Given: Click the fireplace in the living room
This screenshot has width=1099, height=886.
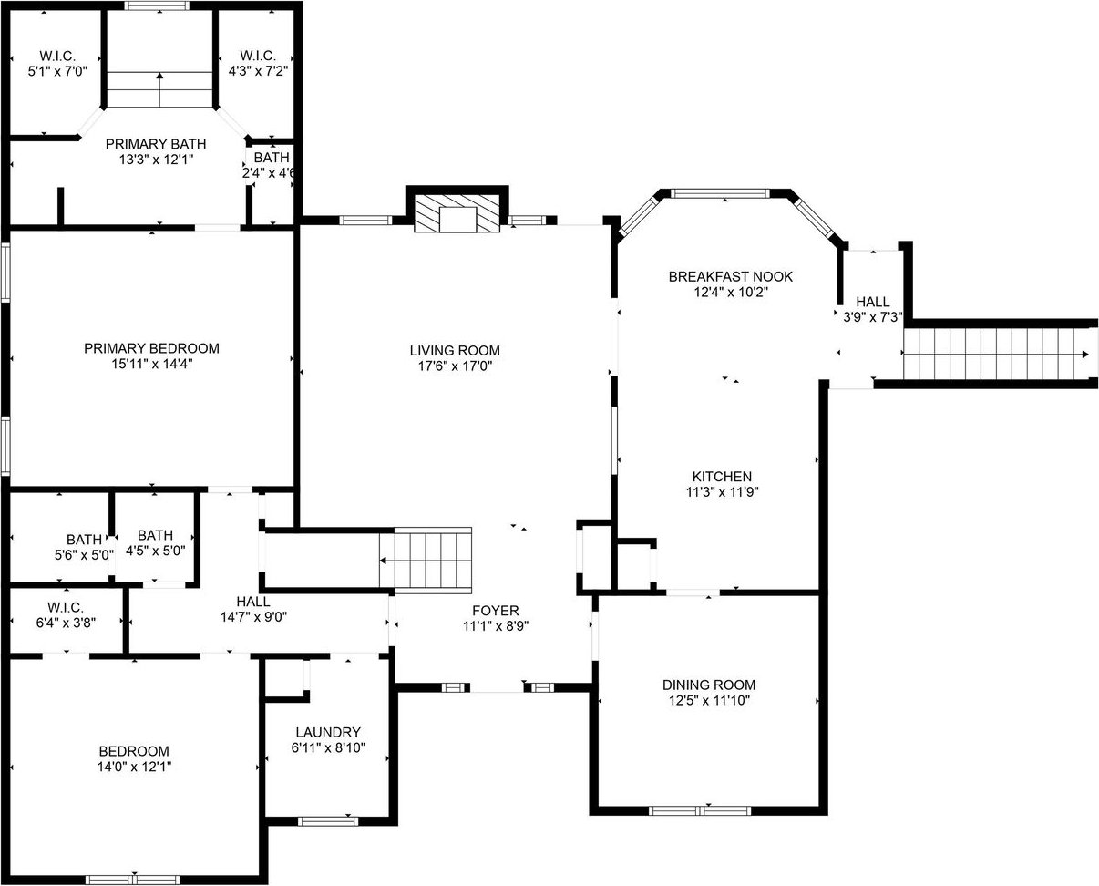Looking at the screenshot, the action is click(x=457, y=212).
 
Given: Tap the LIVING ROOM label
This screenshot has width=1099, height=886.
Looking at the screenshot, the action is click(x=455, y=351).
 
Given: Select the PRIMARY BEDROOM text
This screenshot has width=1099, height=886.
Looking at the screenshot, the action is click(x=151, y=348).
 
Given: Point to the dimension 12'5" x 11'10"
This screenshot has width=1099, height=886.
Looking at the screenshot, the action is click(x=709, y=700).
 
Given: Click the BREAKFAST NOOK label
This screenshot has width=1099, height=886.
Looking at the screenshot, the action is click(x=730, y=277).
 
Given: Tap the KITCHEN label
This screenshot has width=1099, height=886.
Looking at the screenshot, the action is click(x=722, y=477).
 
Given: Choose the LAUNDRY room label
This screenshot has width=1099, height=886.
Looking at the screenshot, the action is click(x=328, y=732).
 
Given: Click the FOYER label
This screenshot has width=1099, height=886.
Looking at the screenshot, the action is click(x=496, y=611).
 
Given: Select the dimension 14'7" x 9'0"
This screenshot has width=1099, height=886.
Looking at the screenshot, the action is click(x=253, y=617).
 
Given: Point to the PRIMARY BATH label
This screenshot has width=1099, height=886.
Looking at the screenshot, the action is click(x=156, y=144).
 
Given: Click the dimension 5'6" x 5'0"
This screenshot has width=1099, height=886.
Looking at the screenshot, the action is click(x=84, y=555).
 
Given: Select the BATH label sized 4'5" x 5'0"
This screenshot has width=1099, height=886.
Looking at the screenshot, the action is click(x=155, y=535).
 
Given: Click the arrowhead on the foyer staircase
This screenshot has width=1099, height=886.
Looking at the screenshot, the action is click(x=383, y=561).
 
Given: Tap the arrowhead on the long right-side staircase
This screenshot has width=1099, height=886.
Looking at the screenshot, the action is click(x=1085, y=355).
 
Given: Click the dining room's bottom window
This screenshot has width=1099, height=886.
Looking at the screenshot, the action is click(x=700, y=811).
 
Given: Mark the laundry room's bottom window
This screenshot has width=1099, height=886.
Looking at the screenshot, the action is click(x=328, y=821).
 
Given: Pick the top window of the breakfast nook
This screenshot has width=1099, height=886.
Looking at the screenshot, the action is click(x=719, y=193).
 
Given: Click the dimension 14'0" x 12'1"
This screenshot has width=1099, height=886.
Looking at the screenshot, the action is click(x=134, y=767).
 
